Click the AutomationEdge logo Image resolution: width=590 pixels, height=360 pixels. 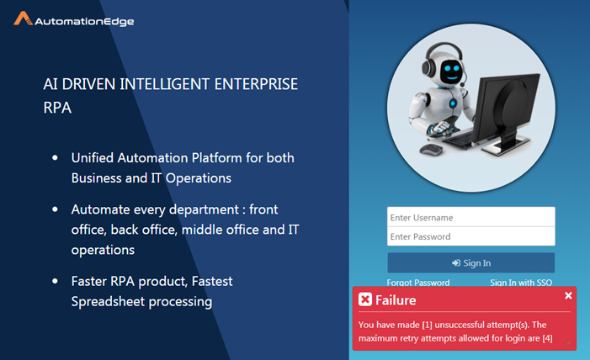point(74,19)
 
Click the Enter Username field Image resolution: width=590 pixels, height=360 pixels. point(471,217)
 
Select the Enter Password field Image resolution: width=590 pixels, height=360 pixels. point(471,236)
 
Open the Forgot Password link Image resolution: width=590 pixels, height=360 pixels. point(418,283)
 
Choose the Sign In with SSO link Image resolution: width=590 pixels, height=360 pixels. point(521,283)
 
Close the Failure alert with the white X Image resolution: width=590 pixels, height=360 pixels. point(568,296)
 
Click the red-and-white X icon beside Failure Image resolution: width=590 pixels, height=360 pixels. point(365,299)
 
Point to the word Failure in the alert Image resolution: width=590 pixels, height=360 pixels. point(396,300)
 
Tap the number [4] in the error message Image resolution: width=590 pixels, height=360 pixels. point(547,338)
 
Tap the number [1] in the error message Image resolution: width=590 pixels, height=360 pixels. point(427,325)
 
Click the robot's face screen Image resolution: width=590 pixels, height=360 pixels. point(450,71)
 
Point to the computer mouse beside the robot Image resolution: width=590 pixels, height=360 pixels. point(431,150)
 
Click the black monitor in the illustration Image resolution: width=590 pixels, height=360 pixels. point(505,111)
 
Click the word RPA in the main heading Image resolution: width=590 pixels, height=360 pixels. point(57,108)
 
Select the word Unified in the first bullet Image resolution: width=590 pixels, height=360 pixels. point(93,158)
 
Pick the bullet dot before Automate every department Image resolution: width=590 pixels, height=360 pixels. point(55,209)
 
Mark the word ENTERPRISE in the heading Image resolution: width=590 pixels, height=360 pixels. point(256,84)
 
